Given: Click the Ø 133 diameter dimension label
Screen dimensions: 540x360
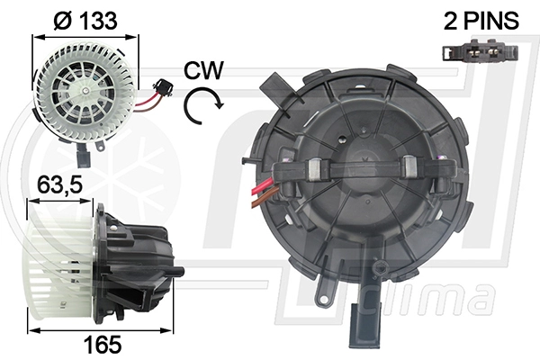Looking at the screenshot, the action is [85, 21].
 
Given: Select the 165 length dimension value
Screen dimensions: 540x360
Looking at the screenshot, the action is [103, 344].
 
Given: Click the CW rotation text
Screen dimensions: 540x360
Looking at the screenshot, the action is [203, 70].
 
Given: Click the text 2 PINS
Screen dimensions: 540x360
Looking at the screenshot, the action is [481, 21].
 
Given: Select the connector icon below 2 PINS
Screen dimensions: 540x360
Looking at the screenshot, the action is [481, 50].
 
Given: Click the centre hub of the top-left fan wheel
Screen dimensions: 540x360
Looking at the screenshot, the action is [85, 91].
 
